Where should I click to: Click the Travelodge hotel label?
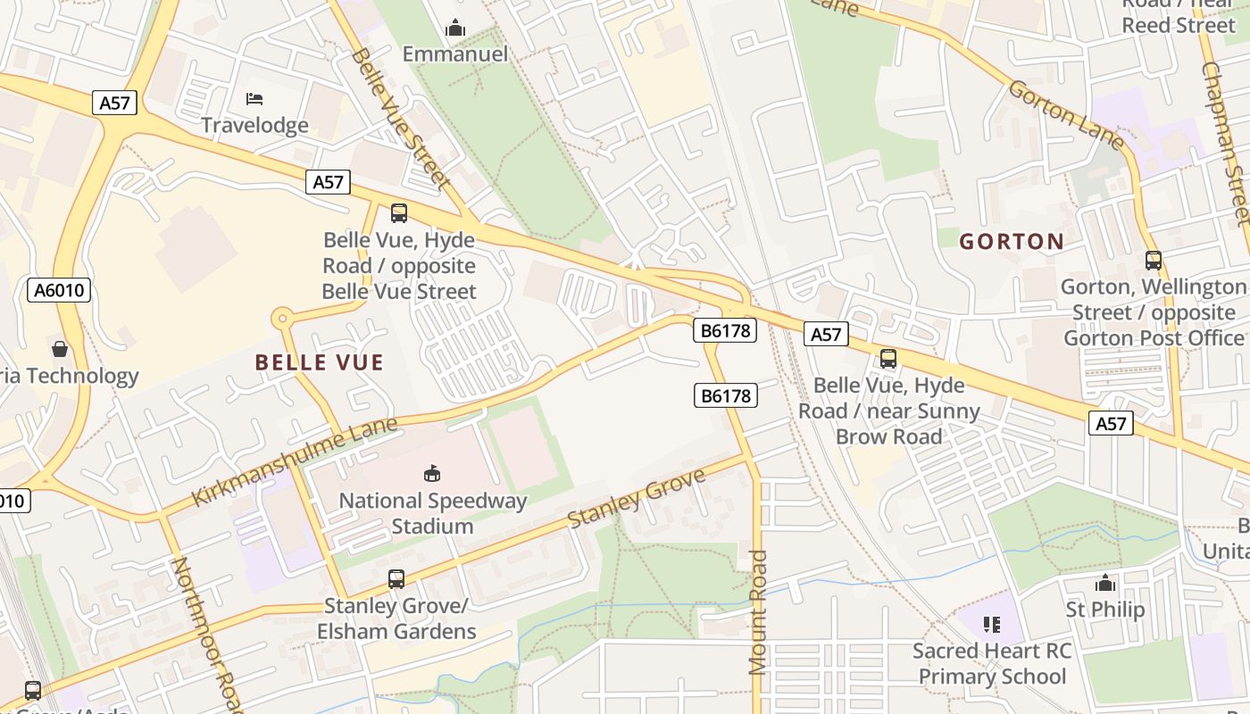point(254,125)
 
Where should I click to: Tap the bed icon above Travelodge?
point(254,97)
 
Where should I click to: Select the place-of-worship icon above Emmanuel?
point(455,29)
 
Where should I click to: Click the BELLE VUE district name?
point(319,362)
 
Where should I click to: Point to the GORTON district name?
point(1012,242)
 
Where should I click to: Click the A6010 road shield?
point(59,290)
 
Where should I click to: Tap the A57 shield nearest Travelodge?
point(114,103)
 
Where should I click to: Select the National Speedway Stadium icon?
point(432,473)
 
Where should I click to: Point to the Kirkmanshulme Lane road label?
point(295,461)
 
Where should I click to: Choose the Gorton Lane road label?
point(1066,114)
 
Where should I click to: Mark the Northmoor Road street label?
point(206,634)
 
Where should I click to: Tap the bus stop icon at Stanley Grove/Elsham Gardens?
point(396,579)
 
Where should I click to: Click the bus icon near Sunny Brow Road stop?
point(888,359)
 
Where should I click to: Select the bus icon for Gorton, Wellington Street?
point(1154,261)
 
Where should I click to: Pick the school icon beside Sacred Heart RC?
point(991,624)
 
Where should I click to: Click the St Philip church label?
point(1105,610)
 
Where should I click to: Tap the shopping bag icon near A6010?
point(60,348)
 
